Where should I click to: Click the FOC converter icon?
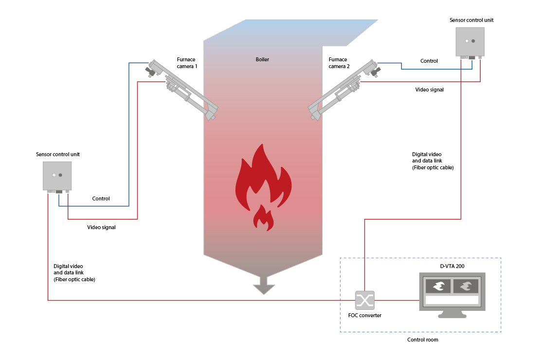click(364, 300)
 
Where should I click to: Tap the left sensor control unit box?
click(57, 175)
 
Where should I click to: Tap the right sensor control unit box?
click(470, 41)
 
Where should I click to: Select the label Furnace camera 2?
click(339, 63)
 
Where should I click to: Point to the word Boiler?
click(262, 60)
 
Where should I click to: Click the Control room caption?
click(422, 340)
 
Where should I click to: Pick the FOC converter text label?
click(364, 315)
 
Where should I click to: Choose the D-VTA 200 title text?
click(452, 266)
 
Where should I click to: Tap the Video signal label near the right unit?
click(430, 90)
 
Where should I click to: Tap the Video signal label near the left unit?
click(101, 227)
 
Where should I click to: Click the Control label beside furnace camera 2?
click(429, 61)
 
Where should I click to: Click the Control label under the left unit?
click(101, 198)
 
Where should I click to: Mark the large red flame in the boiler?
click(263, 175)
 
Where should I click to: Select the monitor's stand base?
click(452, 315)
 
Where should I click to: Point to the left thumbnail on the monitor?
click(438, 286)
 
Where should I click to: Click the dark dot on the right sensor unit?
click(473, 41)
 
